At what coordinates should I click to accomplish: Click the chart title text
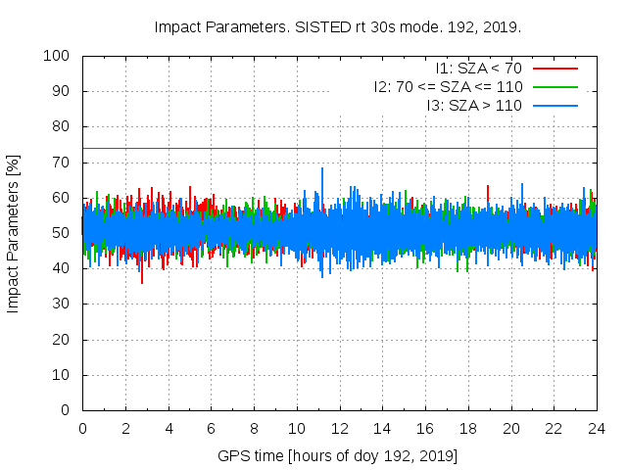pos(338,26)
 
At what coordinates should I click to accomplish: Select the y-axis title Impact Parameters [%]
pos(14,233)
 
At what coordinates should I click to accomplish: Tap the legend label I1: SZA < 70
pos(479,69)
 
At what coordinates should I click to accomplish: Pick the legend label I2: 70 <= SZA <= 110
pos(448,86)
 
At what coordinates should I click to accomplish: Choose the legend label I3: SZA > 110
pos(473,104)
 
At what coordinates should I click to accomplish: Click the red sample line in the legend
pos(554,69)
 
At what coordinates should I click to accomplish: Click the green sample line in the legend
pos(554,86)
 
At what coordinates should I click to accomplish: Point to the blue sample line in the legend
pos(554,104)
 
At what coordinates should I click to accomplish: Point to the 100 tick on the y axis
pos(55,56)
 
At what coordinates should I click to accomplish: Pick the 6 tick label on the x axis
pos(211,429)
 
